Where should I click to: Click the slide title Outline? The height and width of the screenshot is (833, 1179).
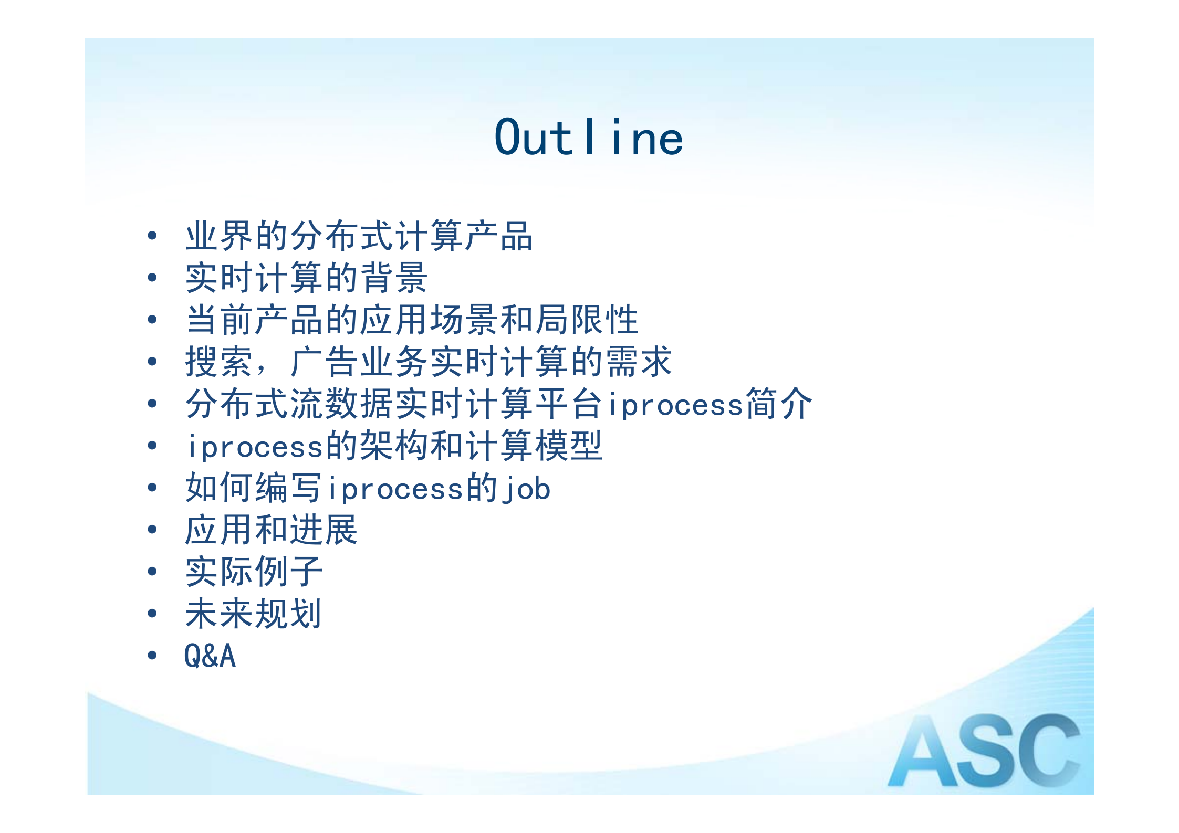tap(589, 138)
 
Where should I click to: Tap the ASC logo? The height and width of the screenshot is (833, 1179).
tap(984, 751)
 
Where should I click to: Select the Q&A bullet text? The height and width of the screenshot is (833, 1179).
tap(210, 656)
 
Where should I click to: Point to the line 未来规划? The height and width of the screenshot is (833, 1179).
tap(253, 614)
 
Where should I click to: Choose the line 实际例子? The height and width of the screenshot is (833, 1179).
tap(254, 572)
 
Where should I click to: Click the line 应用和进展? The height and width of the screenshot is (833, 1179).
tap(271, 530)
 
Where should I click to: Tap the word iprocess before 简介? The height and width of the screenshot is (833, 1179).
tap(675, 405)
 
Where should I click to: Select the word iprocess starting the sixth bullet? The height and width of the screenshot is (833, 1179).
tap(255, 447)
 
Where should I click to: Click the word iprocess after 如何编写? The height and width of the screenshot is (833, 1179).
tap(395, 489)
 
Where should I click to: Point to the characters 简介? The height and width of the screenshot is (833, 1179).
tap(778, 404)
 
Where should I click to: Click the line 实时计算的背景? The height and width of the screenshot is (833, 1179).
tap(306, 278)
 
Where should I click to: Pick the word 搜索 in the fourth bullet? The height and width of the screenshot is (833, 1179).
tap(219, 362)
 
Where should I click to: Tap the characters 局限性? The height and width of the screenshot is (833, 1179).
tap(587, 320)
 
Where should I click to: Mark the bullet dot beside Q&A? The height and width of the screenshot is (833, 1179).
tap(152, 655)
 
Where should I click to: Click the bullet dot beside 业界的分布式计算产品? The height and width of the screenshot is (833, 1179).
tap(152, 236)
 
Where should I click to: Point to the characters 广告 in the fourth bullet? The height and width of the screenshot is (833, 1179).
tap(324, 362)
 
